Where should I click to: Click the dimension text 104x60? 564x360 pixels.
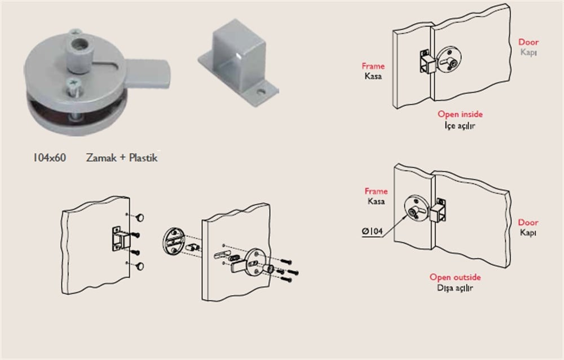click(x=49, y=157)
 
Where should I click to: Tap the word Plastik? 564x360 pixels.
click(x=143, y=157)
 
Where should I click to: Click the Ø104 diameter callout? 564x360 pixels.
click(x=372, y=231)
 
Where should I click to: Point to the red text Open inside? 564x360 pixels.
click(x=460, y=114)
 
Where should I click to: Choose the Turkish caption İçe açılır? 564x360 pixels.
click(x=460, y=125)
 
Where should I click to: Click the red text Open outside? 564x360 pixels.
click(x=455, y=277)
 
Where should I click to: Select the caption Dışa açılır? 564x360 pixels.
click(x=455, y=288)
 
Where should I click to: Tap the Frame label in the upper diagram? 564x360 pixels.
click(x=373, y=66)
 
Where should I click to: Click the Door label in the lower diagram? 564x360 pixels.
click(x=528, y=222)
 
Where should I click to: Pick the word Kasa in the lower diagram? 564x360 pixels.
click(x=376, y=201)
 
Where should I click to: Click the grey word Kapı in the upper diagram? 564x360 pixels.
click(x=528, y=52)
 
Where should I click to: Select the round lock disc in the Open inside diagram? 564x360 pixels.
click(x=448, y=60)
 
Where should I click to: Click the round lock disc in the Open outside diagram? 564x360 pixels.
click(x=416, y=209)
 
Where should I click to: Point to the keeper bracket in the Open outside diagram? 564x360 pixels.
click(x=439, y=210)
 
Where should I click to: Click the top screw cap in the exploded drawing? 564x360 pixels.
click(x=140, y=217)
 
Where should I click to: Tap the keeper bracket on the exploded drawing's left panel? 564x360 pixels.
click(x=120, y=239)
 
